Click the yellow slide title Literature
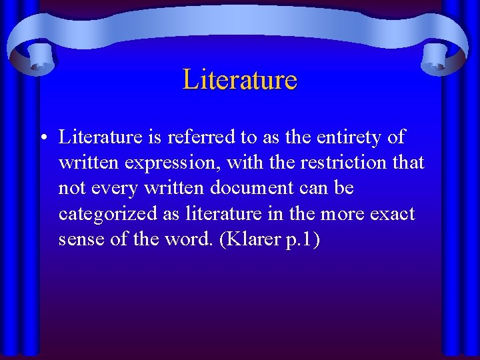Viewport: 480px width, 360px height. click(239, 79)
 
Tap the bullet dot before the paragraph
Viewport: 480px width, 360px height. click(42, 139)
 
